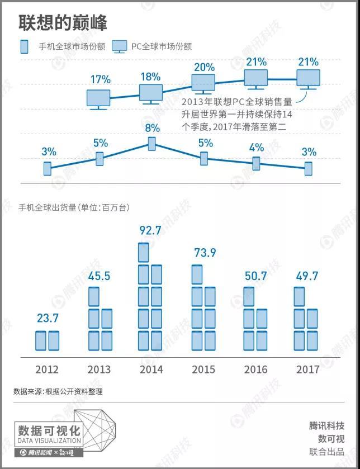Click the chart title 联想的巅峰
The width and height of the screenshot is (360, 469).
tap(63, 22)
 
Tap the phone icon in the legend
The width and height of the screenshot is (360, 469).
tap(24, 46)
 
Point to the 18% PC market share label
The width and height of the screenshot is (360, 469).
tap(150, 77)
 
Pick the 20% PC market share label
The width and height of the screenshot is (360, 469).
tap(204, 67)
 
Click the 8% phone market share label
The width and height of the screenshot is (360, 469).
tap(152, 128)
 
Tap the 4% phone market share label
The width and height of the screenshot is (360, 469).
tap(256, 148)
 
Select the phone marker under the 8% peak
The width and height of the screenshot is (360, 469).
tap(151, 144)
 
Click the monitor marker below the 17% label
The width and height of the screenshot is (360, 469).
tap(98, 99)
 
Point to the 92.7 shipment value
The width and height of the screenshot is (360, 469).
tap(150, 230)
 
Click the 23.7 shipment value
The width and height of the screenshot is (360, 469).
tap(47, 319)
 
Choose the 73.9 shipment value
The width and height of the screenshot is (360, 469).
tap(205, 253)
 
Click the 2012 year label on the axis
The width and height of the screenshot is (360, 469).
tap(47, 369)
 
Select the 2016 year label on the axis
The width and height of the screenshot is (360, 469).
tap(256, 369)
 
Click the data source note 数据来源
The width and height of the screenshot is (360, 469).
tap(58, 391)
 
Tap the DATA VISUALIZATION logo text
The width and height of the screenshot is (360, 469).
tap(49, 440)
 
